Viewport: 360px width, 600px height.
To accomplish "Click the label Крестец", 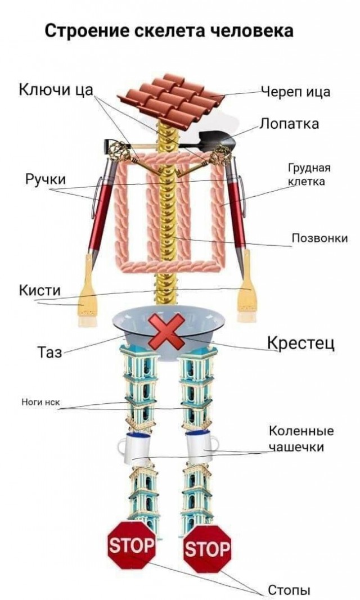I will point(301,342).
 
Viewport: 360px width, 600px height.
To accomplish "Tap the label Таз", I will point(49,352).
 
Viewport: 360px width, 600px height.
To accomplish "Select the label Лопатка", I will point(289,124).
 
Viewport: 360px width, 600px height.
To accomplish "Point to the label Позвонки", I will point(319,238).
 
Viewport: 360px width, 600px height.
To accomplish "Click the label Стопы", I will point(289,590).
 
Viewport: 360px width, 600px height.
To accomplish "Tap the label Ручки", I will point(46,179).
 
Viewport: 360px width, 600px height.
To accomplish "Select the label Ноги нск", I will point(40,401).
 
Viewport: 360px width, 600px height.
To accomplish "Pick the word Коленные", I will point(301,431).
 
